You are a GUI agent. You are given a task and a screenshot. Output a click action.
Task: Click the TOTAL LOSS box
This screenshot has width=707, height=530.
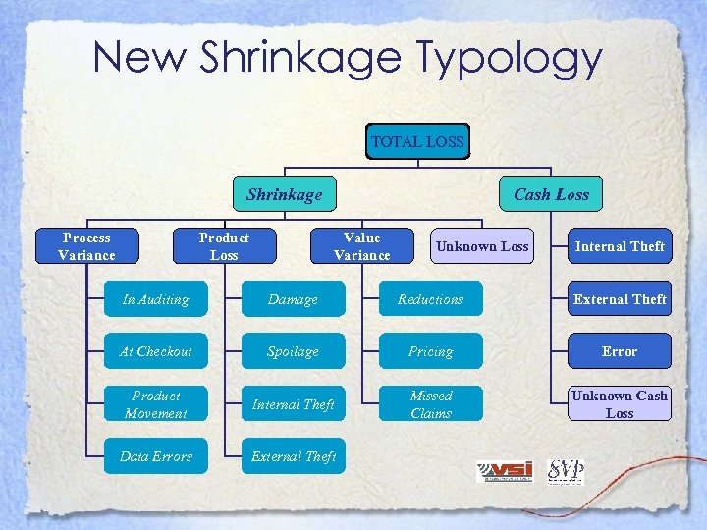(417, 142)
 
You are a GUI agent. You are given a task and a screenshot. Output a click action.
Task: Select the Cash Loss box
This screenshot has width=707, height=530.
(551, 194)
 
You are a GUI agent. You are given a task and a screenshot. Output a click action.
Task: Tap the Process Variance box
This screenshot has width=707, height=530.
(86, 246)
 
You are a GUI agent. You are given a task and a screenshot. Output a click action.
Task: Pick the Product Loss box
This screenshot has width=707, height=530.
(224, 246)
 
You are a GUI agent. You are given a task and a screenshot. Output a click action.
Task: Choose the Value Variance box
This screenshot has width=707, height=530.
(361, 246)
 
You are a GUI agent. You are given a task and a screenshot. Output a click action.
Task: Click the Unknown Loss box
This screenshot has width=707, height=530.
(482, 246)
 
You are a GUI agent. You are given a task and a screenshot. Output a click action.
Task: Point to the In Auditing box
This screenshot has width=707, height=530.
(156, 299)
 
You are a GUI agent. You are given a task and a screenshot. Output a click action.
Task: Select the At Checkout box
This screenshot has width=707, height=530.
(156, 351)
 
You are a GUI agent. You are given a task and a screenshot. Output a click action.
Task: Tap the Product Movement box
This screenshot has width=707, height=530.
(156, 404)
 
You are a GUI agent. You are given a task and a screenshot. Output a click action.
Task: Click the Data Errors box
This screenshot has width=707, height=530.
(156, 456)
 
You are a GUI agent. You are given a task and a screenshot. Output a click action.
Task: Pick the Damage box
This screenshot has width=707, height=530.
(293, 299)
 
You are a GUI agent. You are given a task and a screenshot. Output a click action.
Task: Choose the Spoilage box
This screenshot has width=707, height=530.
(293, 351)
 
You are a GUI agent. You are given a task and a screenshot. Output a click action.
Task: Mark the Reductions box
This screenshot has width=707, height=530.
(430, 299)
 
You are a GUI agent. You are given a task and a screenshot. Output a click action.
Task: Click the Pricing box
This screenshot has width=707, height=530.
(430, 351)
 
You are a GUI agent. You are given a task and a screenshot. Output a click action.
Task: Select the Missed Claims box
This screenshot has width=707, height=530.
(430, 404)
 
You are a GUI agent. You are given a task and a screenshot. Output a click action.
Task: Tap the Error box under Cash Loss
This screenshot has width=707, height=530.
(620, 351)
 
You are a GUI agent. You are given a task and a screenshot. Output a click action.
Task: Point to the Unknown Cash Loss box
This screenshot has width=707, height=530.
(620, 404)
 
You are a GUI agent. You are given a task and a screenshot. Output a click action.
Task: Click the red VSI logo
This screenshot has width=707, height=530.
(505, 471)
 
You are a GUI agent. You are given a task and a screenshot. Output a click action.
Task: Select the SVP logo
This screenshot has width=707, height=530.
(565, 471)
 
